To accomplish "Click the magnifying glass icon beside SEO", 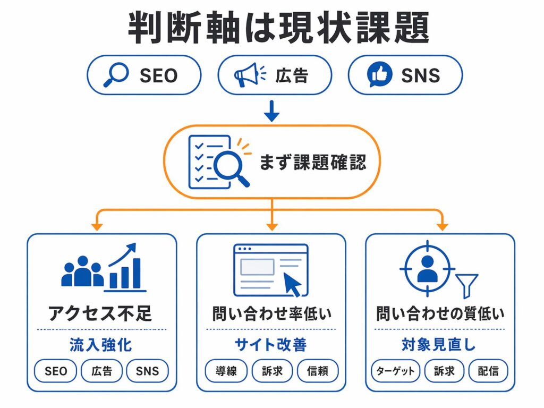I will (x=116, y=74).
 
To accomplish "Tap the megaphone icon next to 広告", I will (x=246, y=75).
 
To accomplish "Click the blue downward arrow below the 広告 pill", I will (x=271, y=110).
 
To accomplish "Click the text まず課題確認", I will (x=312, y=162).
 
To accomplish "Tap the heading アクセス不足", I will (x=100, y=313).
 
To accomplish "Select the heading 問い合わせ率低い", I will (x=271, y=313).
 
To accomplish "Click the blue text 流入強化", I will (x=100, y=345).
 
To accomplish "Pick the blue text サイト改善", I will (x=271, y=345).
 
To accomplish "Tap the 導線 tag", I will (x=226, y=371).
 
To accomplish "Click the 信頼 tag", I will (x=318, y=371).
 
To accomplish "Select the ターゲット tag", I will (x=395, y=371).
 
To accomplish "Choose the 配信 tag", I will (x=488, y=371).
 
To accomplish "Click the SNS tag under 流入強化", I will (x=147, y=371).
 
